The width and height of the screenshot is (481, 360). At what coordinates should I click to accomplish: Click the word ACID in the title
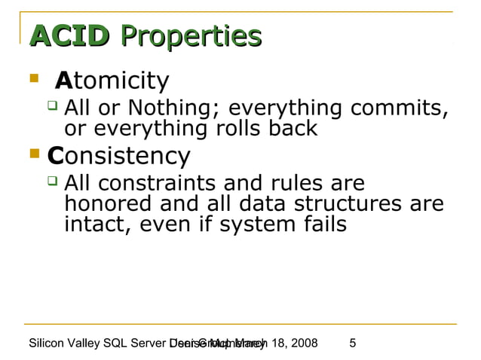[69, 35]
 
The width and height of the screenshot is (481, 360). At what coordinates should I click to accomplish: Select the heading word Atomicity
[112, 80]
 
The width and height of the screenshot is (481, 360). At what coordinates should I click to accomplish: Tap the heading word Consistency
[118, 156]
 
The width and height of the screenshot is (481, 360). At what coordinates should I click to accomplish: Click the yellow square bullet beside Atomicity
[32, 78]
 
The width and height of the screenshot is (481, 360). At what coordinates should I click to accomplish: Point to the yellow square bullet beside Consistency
[32, 155]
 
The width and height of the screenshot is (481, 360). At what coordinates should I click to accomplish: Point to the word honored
[109, 203]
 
